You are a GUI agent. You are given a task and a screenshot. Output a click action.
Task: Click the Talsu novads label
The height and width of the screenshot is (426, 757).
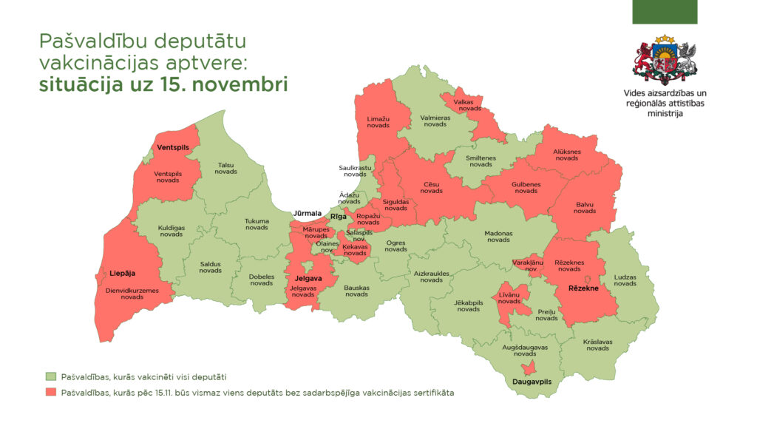pos(225,168)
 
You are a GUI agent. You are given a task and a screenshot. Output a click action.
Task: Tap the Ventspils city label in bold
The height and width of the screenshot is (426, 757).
pos(173,148)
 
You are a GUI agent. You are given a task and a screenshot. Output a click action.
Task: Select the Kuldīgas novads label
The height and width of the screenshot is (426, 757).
pos(172,231)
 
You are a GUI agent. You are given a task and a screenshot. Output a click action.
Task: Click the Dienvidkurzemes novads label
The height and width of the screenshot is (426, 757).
pos(132,294)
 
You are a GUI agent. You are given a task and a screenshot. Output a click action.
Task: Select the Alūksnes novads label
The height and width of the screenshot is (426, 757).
pos(566,155)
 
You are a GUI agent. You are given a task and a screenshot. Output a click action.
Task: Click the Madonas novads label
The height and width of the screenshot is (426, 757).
pos(498,236)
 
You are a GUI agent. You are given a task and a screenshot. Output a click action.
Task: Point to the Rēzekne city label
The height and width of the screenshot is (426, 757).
pos(584,288)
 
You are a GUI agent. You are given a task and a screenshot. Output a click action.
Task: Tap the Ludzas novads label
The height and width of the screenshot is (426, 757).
pos(625,280)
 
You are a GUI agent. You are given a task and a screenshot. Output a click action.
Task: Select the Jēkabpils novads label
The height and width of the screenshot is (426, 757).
pos(468,305)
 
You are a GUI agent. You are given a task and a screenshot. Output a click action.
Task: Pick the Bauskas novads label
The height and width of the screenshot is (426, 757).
pos(356,291)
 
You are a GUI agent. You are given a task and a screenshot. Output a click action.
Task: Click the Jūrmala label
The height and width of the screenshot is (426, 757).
pos(308,214)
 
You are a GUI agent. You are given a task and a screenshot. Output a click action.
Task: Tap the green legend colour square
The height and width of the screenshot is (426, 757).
pos(50,376)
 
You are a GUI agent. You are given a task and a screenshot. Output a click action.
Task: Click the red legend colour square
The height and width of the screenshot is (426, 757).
pos(50,393)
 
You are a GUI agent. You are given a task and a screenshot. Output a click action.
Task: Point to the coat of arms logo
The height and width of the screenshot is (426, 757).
pos(664,61)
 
